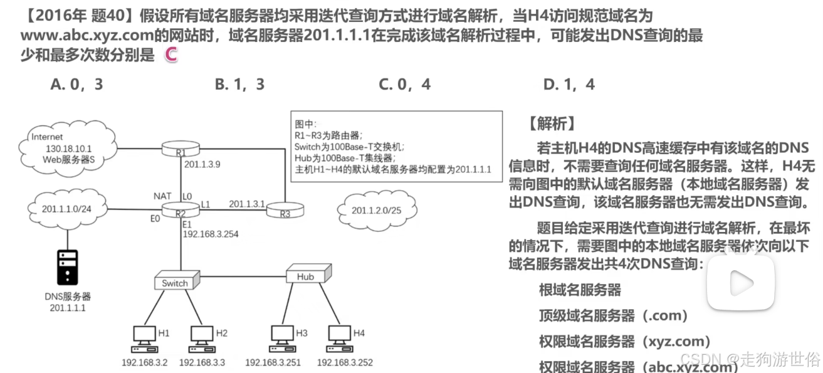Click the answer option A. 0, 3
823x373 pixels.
click(x=76, y=84)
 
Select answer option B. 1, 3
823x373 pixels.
click(x=239, y=84)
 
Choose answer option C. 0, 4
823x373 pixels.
click(x=404, y=84)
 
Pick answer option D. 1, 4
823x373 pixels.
click(x=569, y=84)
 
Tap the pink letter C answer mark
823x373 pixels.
click(x=170, y=55)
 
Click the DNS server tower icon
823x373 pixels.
click(x=67, y=266)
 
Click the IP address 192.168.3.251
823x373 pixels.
click(x=274, y=362)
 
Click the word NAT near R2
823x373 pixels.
click(x=162, y=196)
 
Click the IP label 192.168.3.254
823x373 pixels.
click(x=211, y=234)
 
